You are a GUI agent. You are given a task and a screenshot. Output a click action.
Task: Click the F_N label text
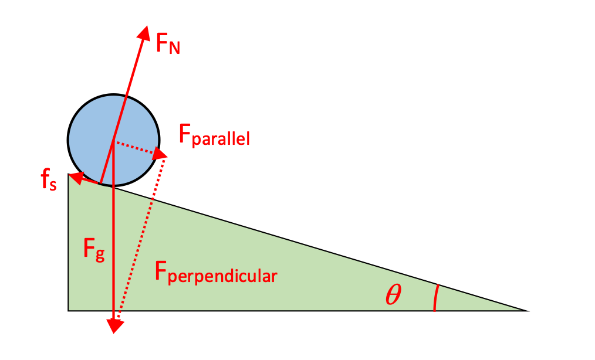[x=167, y=44]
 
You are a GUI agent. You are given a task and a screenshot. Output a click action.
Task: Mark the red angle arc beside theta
[x=435, y=298]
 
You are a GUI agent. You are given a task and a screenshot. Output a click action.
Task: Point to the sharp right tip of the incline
[x=520, y=309]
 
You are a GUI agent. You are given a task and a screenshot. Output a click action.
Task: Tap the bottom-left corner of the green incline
[x=70, y=308]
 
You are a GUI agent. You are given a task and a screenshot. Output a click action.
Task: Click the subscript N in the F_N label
[x=174, y=48]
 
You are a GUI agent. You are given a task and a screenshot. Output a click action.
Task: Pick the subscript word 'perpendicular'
[x=222, y=276]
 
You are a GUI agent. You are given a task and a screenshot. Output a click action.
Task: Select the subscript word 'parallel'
[x=221, y=140]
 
